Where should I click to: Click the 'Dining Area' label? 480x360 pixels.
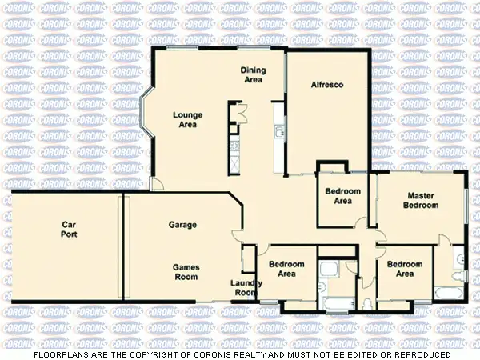253,75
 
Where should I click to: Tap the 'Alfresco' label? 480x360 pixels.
327,83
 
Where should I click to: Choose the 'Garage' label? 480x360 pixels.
182,225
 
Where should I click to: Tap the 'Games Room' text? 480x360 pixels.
186,272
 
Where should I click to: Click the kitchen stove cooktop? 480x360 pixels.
234,145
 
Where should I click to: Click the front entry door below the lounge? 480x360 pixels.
157,185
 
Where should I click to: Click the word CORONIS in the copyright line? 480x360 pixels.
214,354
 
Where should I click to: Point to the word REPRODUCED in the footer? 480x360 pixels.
418,354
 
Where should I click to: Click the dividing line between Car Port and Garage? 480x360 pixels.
122,247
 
